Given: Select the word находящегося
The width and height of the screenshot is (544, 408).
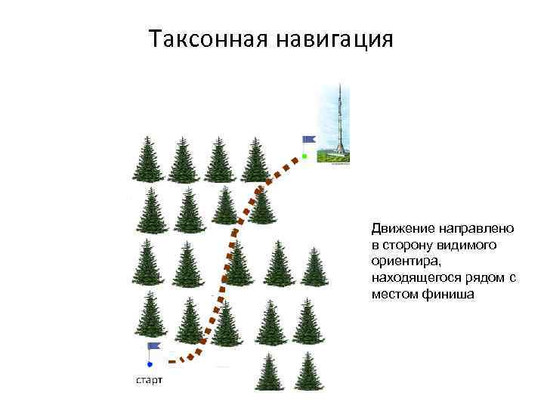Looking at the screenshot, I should coord(416,278).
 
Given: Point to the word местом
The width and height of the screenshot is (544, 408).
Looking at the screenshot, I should coord(394,295).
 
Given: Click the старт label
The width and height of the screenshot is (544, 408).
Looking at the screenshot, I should coord(149,379).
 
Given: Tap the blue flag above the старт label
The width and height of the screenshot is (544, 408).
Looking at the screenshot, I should coord(154,346).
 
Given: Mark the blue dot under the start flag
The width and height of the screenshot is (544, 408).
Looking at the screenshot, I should coord(150,364).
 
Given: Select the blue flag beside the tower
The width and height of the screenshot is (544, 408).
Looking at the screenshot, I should coord(308,140).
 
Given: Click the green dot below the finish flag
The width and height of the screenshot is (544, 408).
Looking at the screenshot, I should coord(304,156).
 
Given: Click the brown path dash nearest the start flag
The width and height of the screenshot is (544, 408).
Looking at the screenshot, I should coord(173,362).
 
